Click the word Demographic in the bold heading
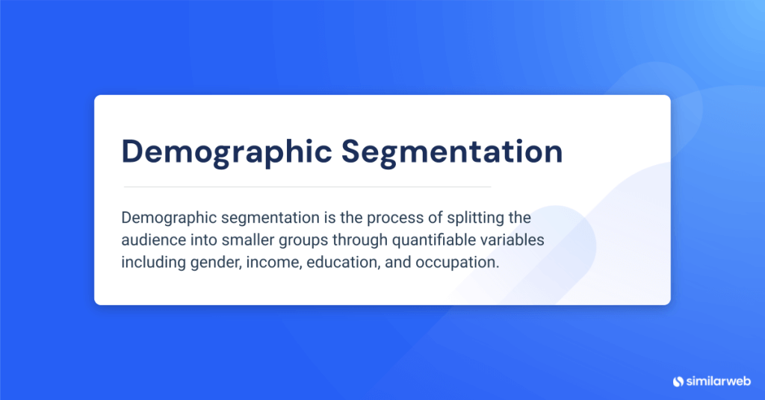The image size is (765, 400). (226, 151)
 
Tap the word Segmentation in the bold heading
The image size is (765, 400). (452, 151)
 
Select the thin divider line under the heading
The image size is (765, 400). (307, 187)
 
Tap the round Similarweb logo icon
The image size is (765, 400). (678, 381)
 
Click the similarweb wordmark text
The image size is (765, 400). (719, 381)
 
